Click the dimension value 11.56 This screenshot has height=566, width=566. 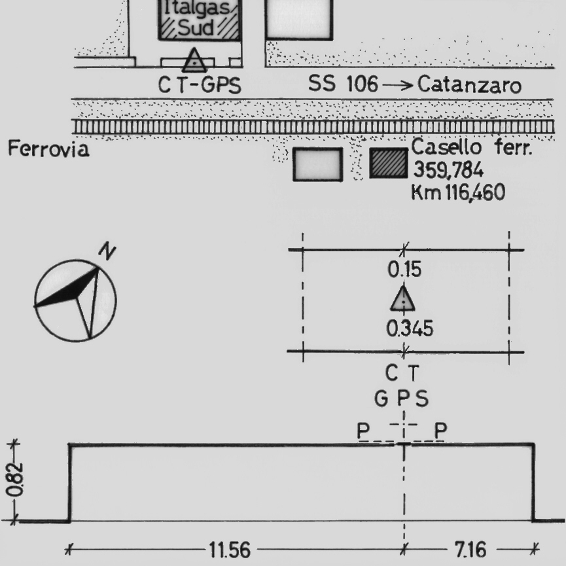[230, 550]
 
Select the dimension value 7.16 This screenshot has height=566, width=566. [470, 550]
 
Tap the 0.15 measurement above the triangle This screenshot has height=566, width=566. [404, 270]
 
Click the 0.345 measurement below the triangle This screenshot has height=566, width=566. [410, 328]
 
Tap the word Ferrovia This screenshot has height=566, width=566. [48, 149]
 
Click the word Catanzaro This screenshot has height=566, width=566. [469, 85]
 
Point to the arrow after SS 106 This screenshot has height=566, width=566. [398, 85]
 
